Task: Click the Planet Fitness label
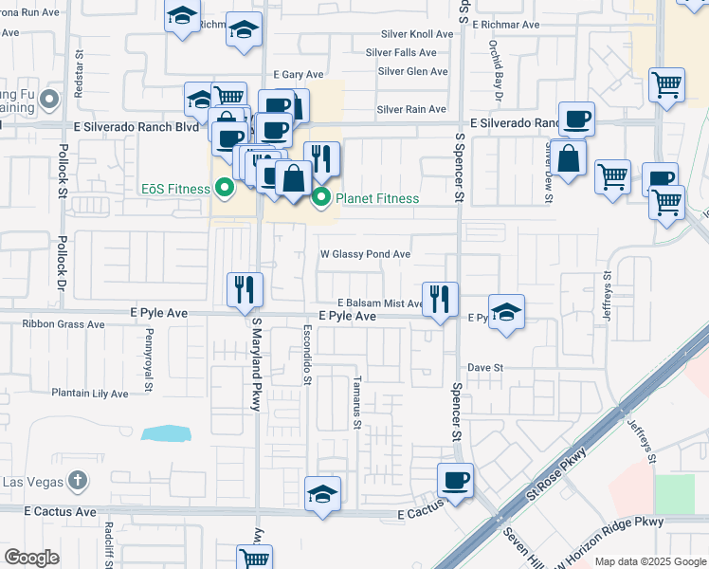[375, 198]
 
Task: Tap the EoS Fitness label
[175, 189]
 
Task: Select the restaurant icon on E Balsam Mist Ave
[438, 299]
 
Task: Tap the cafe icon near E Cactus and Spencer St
[456, 480]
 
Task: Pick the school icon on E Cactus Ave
[322, 493]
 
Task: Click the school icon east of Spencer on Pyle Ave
[507, 312]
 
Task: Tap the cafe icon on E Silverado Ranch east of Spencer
[576, 119]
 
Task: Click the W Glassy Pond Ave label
[365, 254]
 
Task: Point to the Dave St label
[484, 367]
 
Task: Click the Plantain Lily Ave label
[90, 394]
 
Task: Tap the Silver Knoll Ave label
[417, 34]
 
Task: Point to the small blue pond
[166, 433]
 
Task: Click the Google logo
[32, 558]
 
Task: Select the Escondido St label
[307, 356]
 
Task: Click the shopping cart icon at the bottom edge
[254, 558]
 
